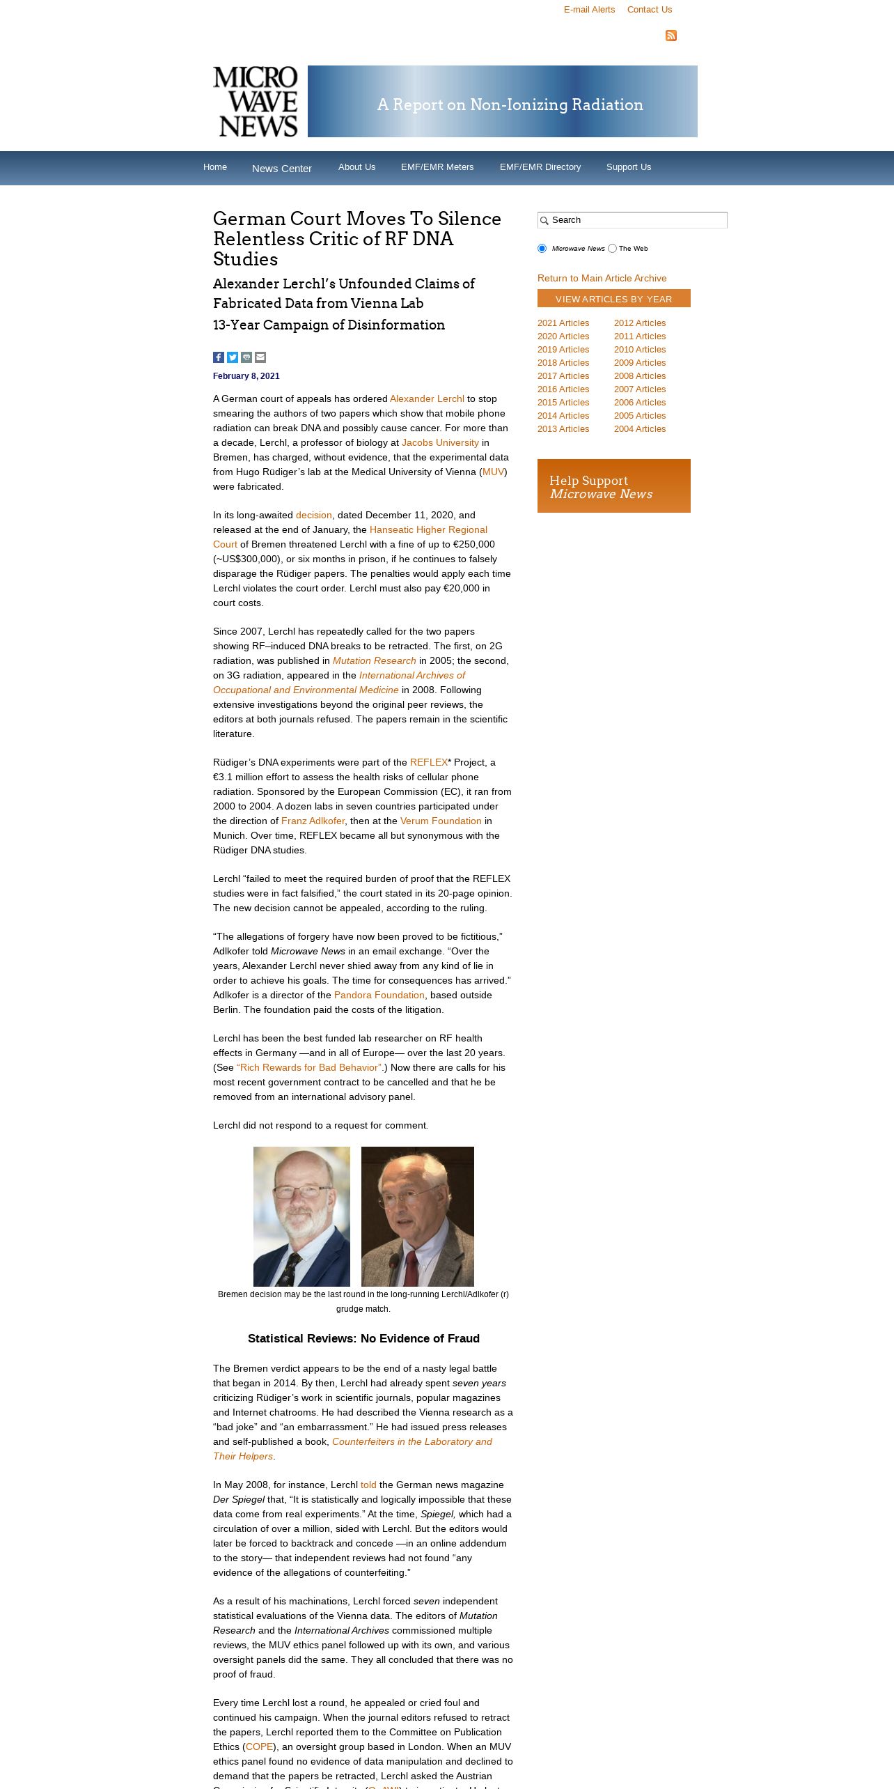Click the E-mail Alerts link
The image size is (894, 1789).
tap(589, 10)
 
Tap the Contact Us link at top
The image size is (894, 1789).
tap(649, 10)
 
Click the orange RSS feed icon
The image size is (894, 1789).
tap(671, 36)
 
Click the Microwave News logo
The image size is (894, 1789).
tap(256, 102)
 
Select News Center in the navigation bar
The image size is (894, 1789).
tap(281, 169)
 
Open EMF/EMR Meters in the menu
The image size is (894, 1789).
tap(437, 167)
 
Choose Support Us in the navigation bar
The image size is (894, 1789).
tap(628, 167)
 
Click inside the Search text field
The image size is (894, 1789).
tap(637, 220)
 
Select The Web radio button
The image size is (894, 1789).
tap(613, 249)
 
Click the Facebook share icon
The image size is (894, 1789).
tap(219, 357)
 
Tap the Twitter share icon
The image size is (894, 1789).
tap(233, 357)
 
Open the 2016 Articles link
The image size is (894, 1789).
tap(563, 389)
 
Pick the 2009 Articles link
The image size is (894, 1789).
tap(639, 363)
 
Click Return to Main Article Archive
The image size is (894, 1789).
tap(602, 279)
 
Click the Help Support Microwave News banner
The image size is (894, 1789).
tap(613, 486)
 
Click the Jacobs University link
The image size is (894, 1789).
tap(439, 443)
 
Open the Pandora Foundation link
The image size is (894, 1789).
tap(379, 996)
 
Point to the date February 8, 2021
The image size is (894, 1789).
tap(246, 376)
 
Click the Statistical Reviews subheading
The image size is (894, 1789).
tap(363, 1339)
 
